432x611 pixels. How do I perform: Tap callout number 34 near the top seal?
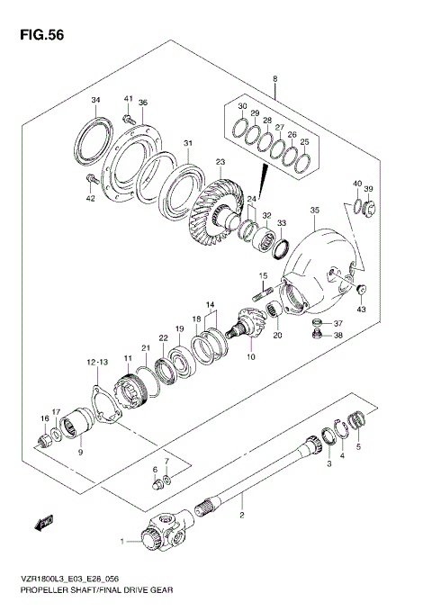pyautogui.click(x=96, y=100)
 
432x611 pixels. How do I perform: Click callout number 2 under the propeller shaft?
pyautogui.click(x=241, y=516)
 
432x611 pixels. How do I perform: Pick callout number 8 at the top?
pyautogui.click(x=274, y=79)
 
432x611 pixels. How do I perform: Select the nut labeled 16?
pyautogui.click(x=42, y=439)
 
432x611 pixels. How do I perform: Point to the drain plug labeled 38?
pyautogui.click(x=315, y=337)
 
